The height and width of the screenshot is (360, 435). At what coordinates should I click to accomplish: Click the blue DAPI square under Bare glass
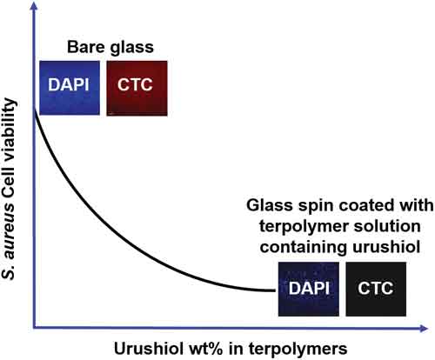(70, 88)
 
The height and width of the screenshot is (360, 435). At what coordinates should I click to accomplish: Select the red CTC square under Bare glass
(137, 88)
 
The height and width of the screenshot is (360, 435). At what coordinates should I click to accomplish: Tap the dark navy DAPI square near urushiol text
(309, 289)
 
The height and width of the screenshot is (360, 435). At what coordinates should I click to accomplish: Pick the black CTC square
(376, 289)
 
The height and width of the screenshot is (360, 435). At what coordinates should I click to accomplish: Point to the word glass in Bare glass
(131, 48)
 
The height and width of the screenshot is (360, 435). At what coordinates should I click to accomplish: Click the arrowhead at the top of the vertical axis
(35, 6)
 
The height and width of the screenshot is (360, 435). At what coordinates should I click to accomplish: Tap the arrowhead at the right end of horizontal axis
(424, 329)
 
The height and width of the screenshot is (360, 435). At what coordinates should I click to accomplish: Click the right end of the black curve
(275, 290)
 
